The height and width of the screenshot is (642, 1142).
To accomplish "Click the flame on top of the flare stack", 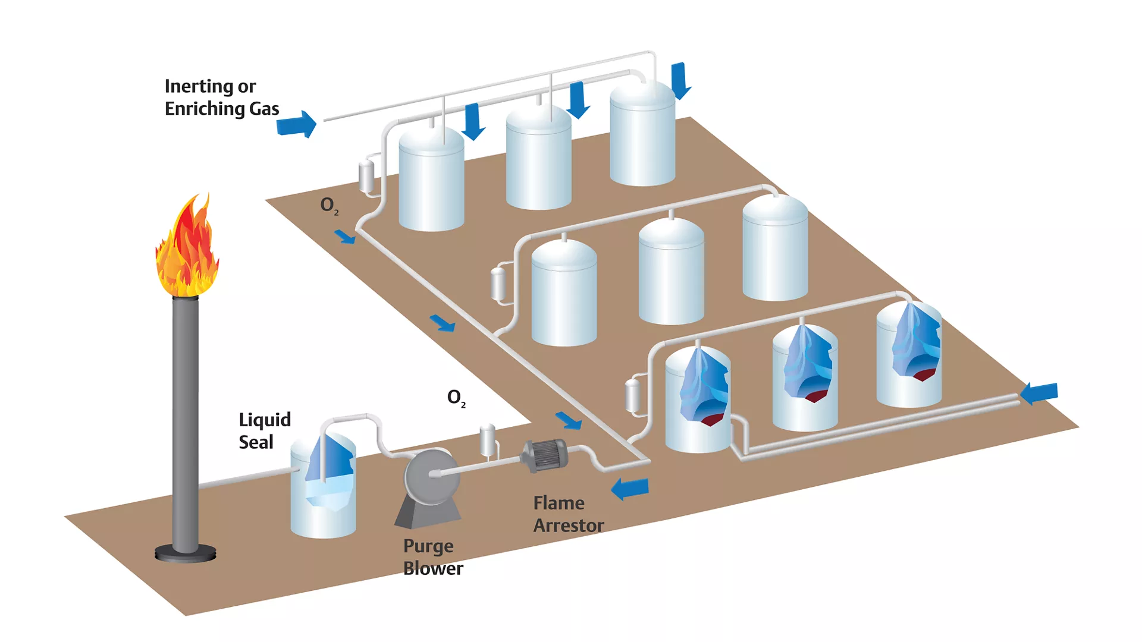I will click(187, 250).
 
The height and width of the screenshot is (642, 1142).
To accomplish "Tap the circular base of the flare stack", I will click(185, 554).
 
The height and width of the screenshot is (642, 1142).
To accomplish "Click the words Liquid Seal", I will click(264, 430).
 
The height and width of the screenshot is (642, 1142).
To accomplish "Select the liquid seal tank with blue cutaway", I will click(323, 484).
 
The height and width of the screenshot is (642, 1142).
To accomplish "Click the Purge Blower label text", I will click(432, 557).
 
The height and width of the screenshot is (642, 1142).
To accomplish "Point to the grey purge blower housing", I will click(431, 479).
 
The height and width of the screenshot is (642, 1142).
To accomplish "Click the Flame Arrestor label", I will click(568, 514).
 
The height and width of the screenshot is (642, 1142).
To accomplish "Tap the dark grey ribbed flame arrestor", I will click(544, 455).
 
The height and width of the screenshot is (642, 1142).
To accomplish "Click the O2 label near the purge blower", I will click(456, 398).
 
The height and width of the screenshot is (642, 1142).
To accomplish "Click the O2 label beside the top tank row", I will click(329, 206).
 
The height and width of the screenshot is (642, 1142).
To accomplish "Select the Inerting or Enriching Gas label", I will click(221, 97).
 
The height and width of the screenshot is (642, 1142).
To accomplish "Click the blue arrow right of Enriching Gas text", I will click(297, 124).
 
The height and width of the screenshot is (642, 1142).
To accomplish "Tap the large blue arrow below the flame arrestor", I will click(630, 489).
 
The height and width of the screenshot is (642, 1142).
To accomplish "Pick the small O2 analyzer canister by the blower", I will click(488, 440).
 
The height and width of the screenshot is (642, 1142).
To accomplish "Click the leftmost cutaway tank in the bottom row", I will click(698, 401).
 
